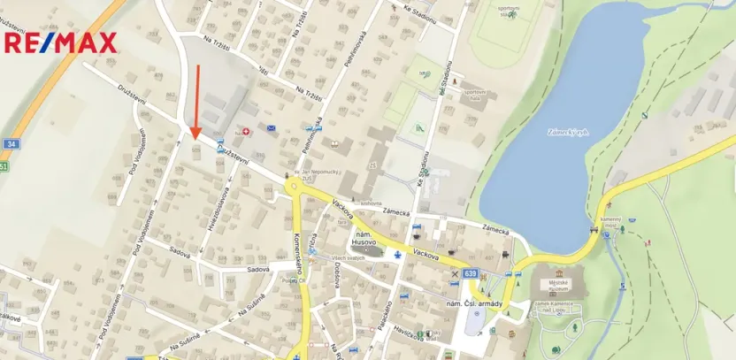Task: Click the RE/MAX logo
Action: (61, 42)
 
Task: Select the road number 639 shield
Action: (469, 274)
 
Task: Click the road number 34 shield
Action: (11, 143)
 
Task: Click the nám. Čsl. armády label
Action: (475, 305)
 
